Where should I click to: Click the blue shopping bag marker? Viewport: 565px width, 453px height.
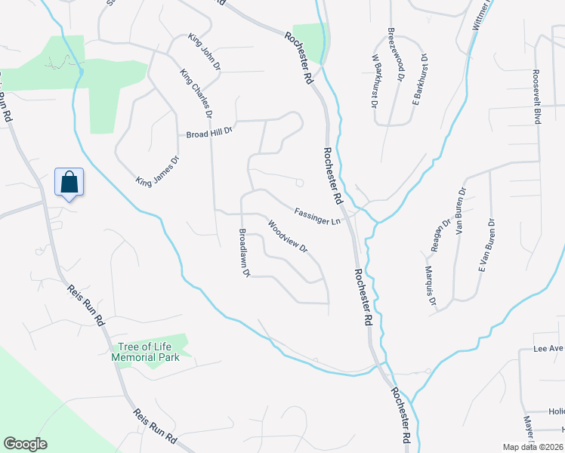(x=69, y=183)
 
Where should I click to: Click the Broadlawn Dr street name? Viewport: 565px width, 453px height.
(x=244, y=253)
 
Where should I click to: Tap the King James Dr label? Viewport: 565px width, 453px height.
(x=157, y=171)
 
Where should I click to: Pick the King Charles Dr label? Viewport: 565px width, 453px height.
(x=196, y=94)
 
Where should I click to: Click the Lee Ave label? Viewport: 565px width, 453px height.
(x=549, y=349)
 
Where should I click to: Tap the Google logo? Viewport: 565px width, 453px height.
(x=26, y=444)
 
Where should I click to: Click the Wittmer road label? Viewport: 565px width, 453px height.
(x=480, y=17)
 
